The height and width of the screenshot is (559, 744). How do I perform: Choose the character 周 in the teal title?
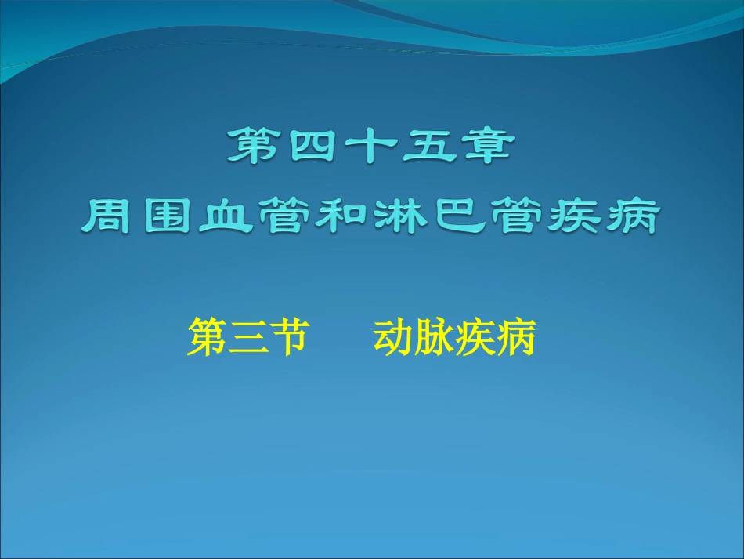click(x=110, y=216)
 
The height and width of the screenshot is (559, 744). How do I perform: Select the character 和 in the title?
click(x=342, y=216)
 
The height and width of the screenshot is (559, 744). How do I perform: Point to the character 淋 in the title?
click(x=400, y=216)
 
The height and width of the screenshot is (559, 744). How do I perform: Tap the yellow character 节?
click(x=284, y=339)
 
